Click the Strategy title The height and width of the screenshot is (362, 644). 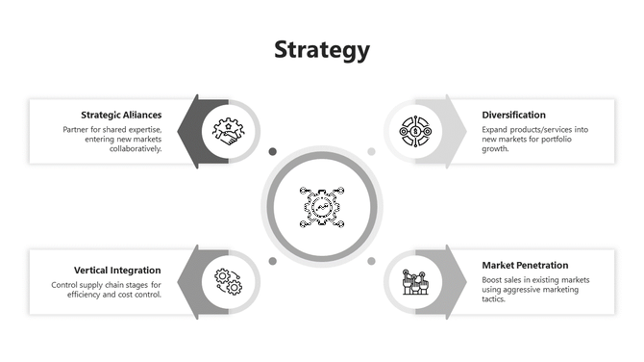click(x=321, y=50)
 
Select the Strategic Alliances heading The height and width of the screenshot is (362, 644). click(x=121, y=115)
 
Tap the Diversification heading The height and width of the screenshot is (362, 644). click(x=514, y=115)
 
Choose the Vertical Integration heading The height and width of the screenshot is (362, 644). click(x=117, y=270)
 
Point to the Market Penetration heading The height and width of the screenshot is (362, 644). click(x=525, y=265)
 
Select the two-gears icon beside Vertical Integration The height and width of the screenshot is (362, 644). click(x=228, y=281)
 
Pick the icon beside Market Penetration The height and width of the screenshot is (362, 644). click(x=414, y=282)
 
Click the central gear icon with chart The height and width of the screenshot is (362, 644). click(x=322, y=206)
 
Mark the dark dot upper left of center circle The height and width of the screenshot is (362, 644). click(x=273, y=151)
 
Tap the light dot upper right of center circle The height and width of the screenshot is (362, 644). click(x=371, y=151)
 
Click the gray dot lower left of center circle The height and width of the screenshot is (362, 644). click(x=273, y=261)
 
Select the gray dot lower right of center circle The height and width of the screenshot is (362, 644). click(x=371, y=261)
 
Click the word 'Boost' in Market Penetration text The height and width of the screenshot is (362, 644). click(x=493, y=279)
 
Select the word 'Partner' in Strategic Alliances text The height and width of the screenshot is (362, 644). click(x=78, y=129)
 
